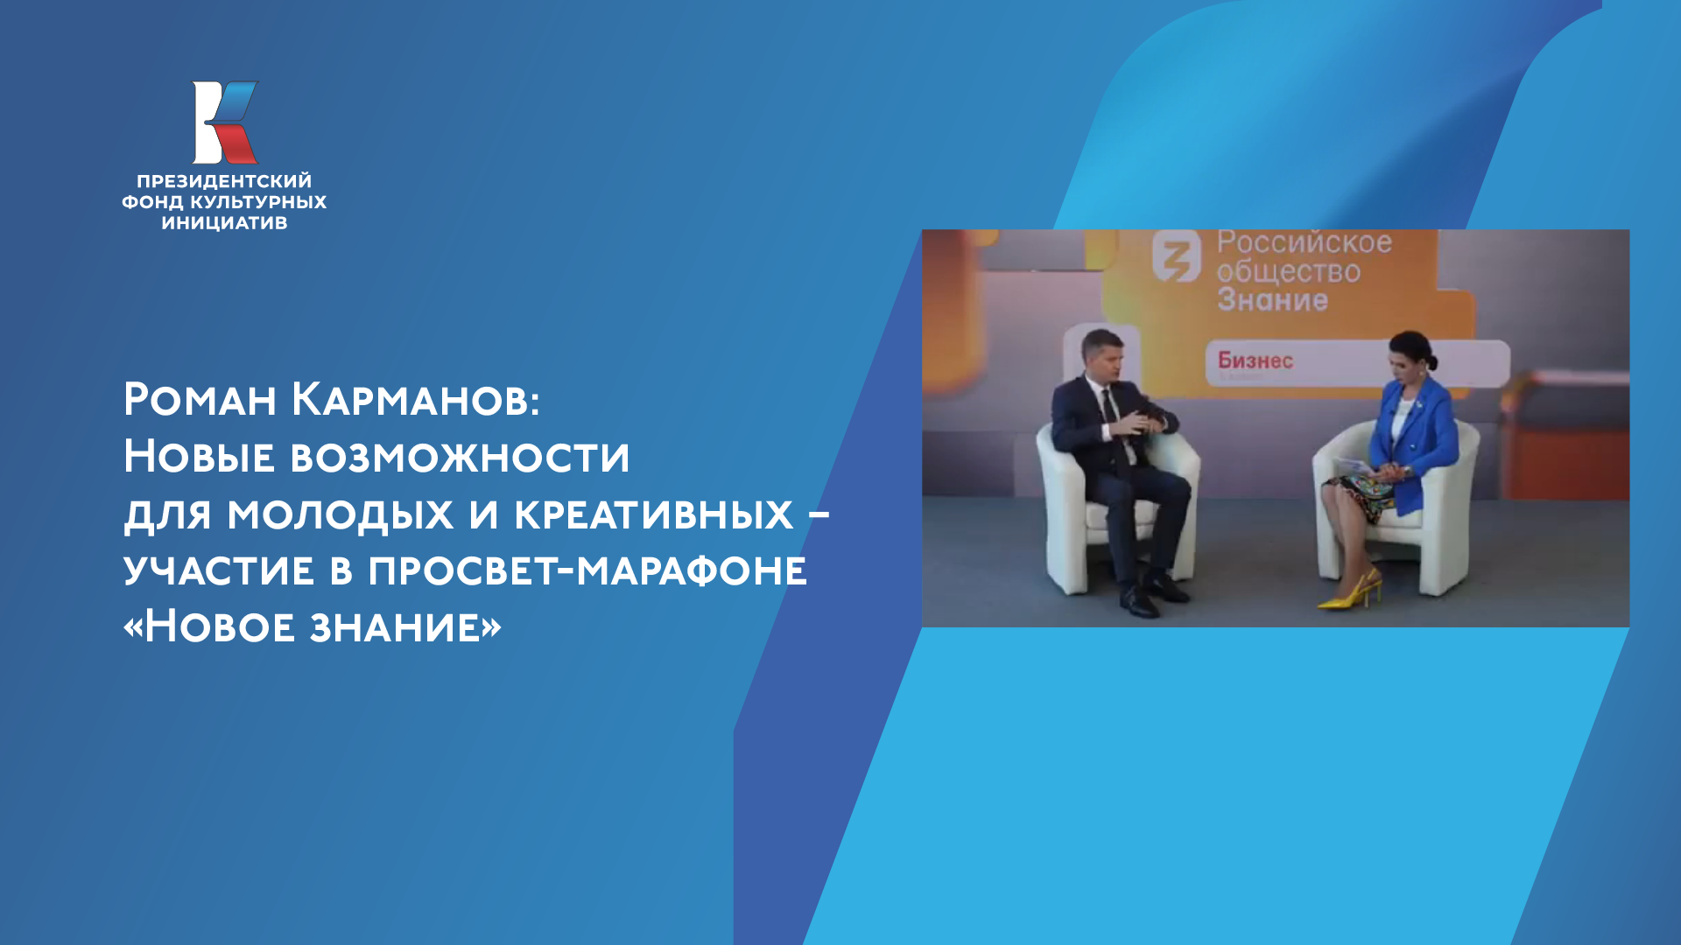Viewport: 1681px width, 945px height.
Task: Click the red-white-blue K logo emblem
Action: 225,122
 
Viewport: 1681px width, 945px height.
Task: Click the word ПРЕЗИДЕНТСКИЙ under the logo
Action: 224,182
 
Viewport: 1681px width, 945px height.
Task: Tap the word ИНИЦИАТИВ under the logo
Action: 224,223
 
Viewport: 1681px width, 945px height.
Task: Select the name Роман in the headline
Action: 200,400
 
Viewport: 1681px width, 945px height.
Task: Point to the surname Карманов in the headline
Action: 415,400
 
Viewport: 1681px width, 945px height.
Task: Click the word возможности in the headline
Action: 460,457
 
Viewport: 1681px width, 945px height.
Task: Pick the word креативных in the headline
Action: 653,514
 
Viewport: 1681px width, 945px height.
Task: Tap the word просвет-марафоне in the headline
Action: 587,570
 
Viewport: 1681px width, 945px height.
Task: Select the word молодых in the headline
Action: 340,514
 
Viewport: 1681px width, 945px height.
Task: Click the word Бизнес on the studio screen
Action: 1255,360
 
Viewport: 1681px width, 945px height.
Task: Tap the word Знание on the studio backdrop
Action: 1272,301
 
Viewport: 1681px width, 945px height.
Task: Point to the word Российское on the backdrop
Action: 1304,242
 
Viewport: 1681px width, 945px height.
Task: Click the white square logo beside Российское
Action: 1177,256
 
